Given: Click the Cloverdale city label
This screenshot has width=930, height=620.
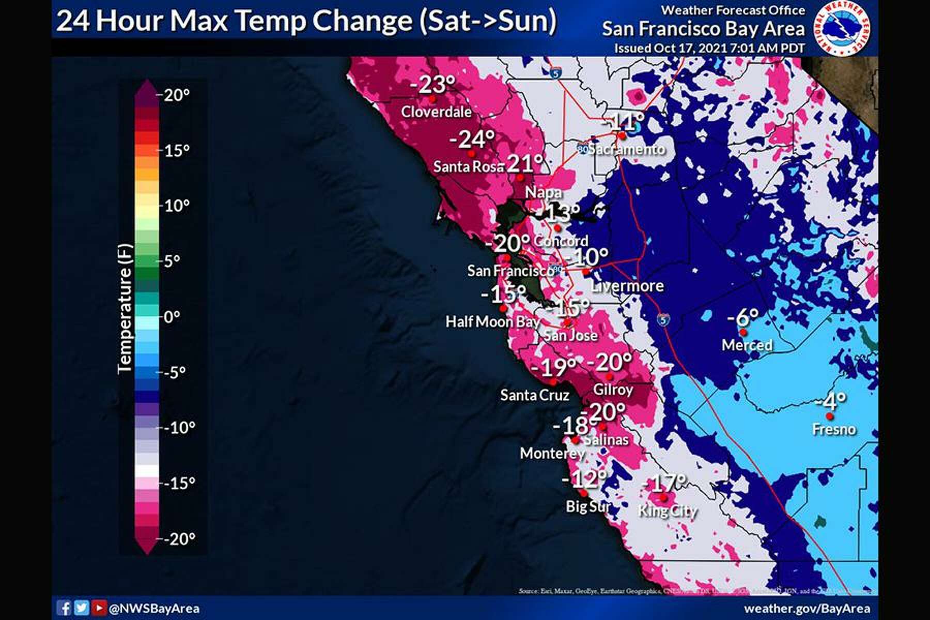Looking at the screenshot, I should pos(436,112).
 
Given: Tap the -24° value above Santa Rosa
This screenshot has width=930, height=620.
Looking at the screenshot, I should pos(472,139).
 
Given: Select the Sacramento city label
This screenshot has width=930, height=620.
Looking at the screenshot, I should pos(626,149).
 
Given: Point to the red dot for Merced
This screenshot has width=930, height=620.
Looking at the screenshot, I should pos(743,332).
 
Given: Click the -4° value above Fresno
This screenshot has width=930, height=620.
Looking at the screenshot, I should pos(830,400).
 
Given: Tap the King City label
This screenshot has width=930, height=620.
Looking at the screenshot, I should pos(668,511).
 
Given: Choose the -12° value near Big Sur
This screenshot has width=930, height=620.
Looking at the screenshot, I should pos(584,479).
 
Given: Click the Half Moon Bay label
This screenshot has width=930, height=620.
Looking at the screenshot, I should pos(492,322).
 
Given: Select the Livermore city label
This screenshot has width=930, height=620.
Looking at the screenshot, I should pos(627,286).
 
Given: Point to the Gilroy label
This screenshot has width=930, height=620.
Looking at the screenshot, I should pos(613,390).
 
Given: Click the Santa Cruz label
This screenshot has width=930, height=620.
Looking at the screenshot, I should pos(535,395).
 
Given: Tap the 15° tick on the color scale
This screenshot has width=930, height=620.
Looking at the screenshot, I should pos(177,150).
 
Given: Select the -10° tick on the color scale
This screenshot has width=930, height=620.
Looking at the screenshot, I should pos(179,428).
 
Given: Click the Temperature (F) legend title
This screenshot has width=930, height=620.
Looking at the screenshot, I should pos(125,308).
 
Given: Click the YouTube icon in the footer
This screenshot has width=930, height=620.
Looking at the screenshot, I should pos(98,608).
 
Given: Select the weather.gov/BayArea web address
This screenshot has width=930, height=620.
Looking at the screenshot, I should pos(807,608).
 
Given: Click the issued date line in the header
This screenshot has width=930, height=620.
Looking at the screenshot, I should pos(709,49).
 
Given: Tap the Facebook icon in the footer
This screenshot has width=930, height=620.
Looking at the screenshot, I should pos(64,608).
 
